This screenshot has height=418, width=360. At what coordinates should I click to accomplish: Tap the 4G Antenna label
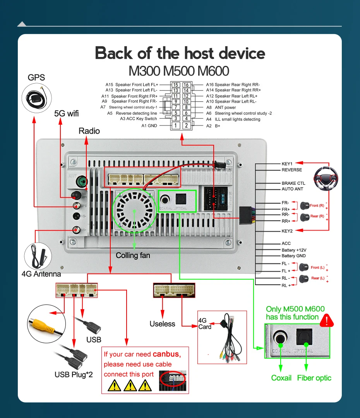(x=41, y=274)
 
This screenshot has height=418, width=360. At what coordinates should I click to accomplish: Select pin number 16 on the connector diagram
(x=186, y=84)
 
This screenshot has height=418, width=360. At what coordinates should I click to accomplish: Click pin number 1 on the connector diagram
(x=176, y=126)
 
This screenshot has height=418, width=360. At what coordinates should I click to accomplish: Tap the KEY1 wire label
(x=287, y=163)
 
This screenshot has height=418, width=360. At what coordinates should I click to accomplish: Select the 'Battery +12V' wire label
(x=293, y=250)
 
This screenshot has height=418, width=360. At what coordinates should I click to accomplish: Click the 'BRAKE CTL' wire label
(x=293, y=183)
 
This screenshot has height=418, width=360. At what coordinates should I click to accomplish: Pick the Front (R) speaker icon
(x=305, y=206)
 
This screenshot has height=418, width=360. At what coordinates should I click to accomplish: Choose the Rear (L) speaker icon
(x=305, y=278)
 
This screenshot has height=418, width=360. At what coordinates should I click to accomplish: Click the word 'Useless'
(x=162, y=324)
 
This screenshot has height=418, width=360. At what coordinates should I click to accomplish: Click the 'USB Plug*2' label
(x=74, y=375)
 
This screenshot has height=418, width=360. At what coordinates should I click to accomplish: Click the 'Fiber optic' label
(x=314, y=378)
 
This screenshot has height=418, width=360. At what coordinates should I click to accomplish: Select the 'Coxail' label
(x=281, y=378)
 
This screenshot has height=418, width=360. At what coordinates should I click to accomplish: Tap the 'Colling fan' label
(x=133, y=255)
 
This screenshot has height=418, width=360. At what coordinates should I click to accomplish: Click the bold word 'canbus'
(x=166, y=354)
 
